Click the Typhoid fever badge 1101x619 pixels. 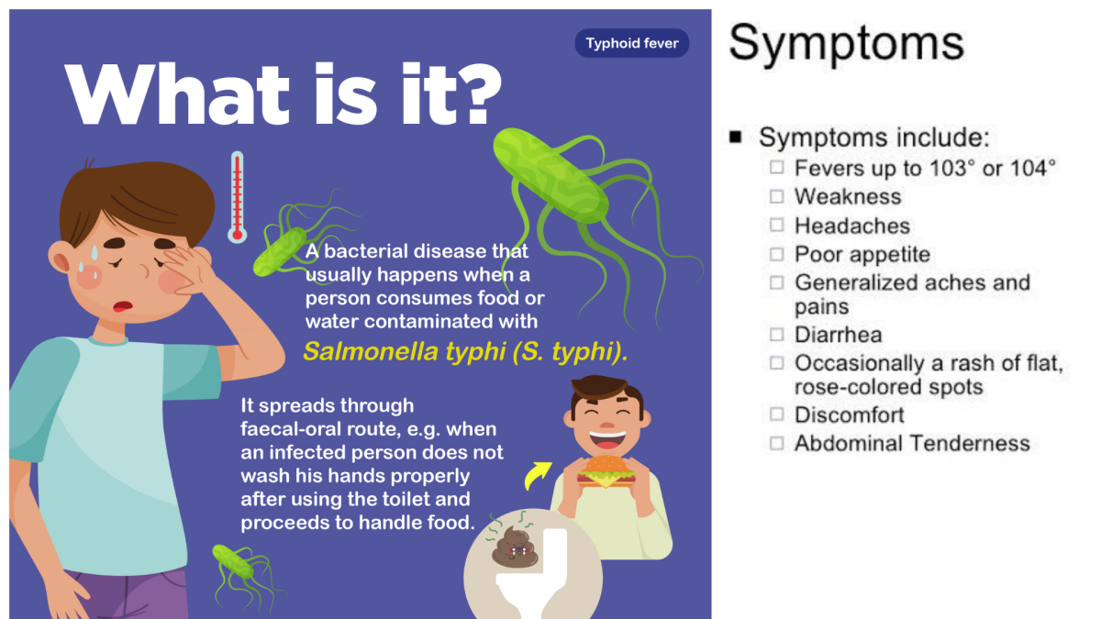[x=631, y=43]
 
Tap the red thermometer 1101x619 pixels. [x=237, y=197]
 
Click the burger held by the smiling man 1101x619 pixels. [x=606, y=471]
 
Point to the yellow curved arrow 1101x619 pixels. [x=538, y=475]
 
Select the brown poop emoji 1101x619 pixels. [x=515, y=547]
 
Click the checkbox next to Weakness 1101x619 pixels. [x=776, y=196]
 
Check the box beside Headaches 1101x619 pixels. [x=776, y=225]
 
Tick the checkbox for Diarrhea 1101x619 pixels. [x=776, y=335]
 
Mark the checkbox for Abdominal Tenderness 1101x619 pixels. [x=776, y=443]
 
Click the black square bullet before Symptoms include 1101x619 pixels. [x=735, y=137]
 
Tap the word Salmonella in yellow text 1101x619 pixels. [x=371, y=352]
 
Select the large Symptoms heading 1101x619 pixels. [x=846, y=44]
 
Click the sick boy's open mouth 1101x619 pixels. [x=122, y=306]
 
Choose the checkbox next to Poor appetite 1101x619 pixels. [x=776, y=254]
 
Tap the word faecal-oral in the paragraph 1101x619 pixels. [x=291, y=429]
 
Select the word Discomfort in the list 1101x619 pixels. [x=850, y=415]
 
